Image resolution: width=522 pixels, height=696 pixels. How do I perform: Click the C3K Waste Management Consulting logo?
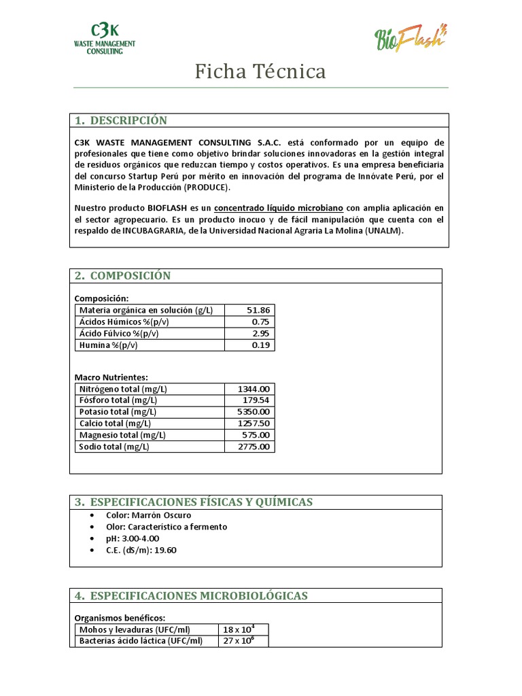[105, 39]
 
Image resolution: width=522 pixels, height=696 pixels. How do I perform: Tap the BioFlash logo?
[410, 37]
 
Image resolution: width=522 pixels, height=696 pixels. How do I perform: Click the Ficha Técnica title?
[260, 71]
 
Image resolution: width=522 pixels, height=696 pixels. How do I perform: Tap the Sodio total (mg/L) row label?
[114, 447]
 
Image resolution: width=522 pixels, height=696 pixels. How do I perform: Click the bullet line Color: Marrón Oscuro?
[148, 515]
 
